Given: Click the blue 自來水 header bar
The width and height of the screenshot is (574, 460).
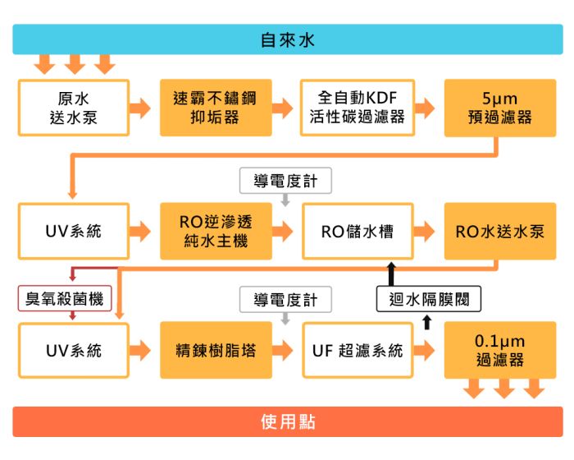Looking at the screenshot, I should coord(287,39).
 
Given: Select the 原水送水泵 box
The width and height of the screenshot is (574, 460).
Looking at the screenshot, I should coord(74,108).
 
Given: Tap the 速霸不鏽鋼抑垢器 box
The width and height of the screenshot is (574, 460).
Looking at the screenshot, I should coord(216,108).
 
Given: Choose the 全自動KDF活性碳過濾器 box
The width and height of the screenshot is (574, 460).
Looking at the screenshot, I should coord(358,108).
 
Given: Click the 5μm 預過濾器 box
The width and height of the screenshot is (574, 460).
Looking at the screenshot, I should coord(499,108).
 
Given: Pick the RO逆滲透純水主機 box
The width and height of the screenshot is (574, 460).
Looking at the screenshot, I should coord(216,231).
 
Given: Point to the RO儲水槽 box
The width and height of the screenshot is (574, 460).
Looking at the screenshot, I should coord(358,231).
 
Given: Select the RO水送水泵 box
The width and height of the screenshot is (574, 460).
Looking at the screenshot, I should coord(499,231).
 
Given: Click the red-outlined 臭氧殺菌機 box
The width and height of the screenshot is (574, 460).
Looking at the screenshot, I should coord(65,299).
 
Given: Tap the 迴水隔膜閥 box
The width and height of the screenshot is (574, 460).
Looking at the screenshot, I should coord(429,299).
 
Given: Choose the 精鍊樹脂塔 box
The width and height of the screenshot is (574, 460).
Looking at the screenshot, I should coord(216,351).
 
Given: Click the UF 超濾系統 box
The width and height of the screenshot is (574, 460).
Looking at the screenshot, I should coord(358,351).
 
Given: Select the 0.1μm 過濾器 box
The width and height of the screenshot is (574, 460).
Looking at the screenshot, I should coord(499,351).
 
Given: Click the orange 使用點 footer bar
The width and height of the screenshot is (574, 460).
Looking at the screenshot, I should coord(287,421).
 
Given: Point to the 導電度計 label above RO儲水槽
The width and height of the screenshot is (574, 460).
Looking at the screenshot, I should coord(285,180).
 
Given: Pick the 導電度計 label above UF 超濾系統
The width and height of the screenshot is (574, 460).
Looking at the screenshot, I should coord(285,299).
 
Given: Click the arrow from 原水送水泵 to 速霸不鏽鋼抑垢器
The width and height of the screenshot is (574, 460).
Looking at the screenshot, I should coord(144,108).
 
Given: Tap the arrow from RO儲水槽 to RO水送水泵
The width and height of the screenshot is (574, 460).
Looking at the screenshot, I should coord(428,231).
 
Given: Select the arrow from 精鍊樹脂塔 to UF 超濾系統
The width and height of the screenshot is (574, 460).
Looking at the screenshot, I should coord(286,351).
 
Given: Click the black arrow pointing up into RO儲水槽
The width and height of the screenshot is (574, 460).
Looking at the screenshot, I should coord(390,274).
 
